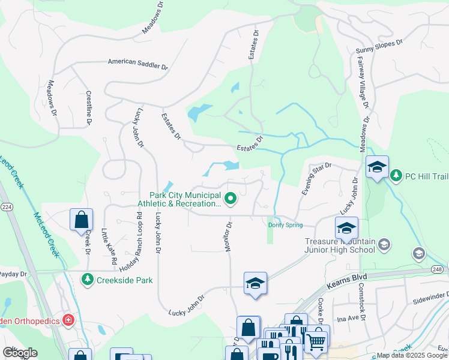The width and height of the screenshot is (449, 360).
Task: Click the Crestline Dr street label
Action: [88, 107]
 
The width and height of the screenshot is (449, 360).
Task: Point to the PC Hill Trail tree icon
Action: [396, 175]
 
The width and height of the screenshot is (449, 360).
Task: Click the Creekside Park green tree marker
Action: [88, 280]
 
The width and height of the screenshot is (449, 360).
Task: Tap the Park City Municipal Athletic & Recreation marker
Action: [230, 197]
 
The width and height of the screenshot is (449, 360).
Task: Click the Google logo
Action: [19, 352]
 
